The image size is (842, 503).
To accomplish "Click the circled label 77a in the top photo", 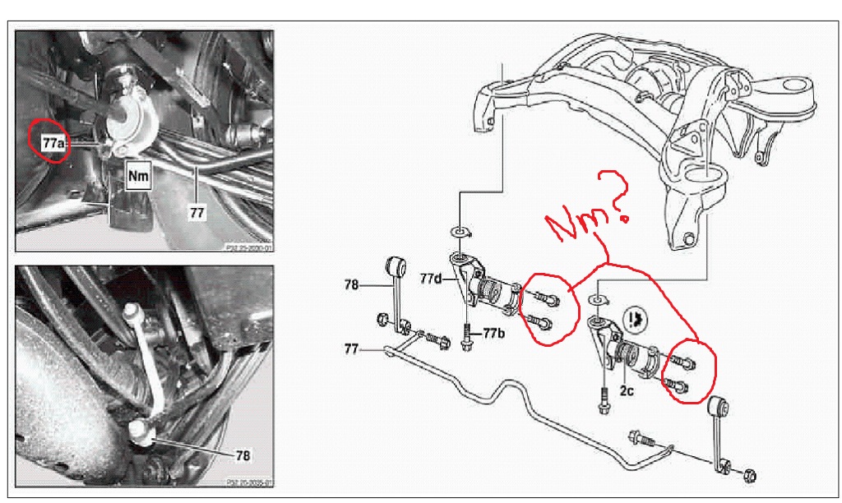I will pos(51,141).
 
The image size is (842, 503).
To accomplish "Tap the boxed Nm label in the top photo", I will pos(137,174).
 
